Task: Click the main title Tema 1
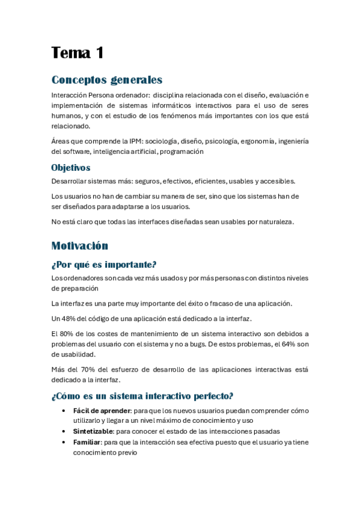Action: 78,53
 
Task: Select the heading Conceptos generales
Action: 106,80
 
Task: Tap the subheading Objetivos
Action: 71,168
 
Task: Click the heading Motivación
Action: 80,245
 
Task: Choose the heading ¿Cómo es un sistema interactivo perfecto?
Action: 142,396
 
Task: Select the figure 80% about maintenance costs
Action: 66,333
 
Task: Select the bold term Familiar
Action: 86,443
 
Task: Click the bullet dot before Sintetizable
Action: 64,432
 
